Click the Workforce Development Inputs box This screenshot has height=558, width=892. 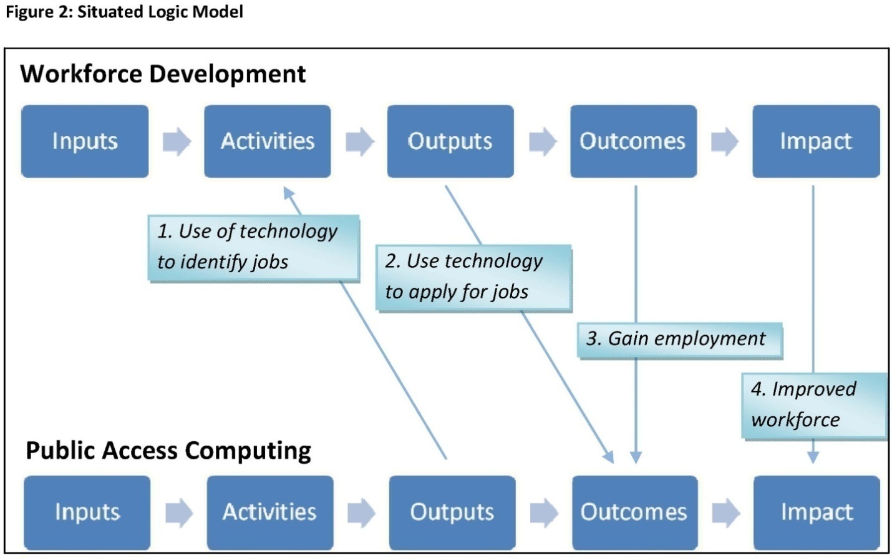(x=85, y=141)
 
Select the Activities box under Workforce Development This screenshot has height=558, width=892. (x=268, y=141)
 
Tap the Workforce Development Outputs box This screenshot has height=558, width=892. (x=450, y=141)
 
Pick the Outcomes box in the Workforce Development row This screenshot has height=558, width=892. (x=633, y=141)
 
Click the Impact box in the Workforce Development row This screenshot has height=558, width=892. (x=816, y=141)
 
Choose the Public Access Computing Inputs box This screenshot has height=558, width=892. (x=87, y=512)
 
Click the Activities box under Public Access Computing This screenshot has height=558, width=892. (x=270, y=512)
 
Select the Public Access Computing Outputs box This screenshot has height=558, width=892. (x=452, y=512)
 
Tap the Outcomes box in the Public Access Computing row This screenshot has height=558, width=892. (x=634, y=512)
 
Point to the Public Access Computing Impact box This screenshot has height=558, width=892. (x=817, y=512)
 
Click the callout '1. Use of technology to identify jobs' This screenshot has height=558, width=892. (x=253, y=247)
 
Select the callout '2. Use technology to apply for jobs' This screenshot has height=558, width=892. (x=473, y=277)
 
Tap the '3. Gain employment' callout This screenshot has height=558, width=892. (x=679, y=340)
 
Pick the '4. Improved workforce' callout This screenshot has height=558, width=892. (x=814, y=404)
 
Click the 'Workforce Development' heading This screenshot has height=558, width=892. (x=163, y=74)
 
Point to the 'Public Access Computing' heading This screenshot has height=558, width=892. (x=168, y=450)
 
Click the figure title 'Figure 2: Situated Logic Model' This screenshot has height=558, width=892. (x=124, y=12)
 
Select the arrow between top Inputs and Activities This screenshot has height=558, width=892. (x=177, y=141)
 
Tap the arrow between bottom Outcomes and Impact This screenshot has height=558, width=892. (x=725, y=512)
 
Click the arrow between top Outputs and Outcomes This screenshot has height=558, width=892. (x=542, y=141)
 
